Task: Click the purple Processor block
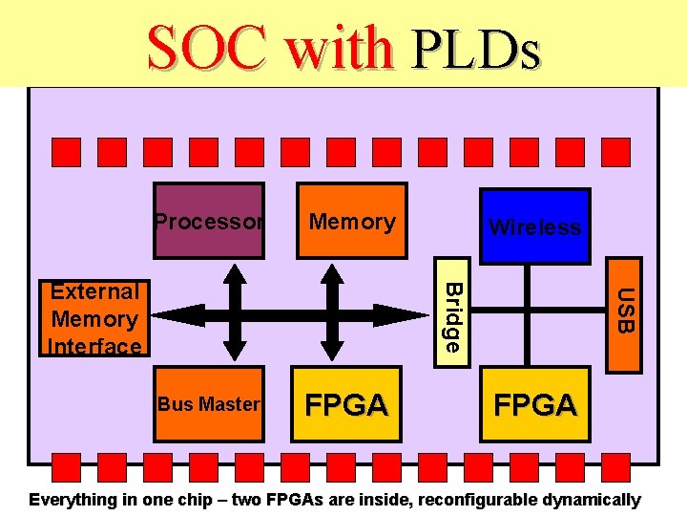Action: [208, 221]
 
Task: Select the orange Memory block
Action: [351, 221]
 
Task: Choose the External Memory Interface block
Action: [94, 318]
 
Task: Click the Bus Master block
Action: [208, 404]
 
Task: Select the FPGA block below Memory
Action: [345, 405]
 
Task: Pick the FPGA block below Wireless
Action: [534, 405]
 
